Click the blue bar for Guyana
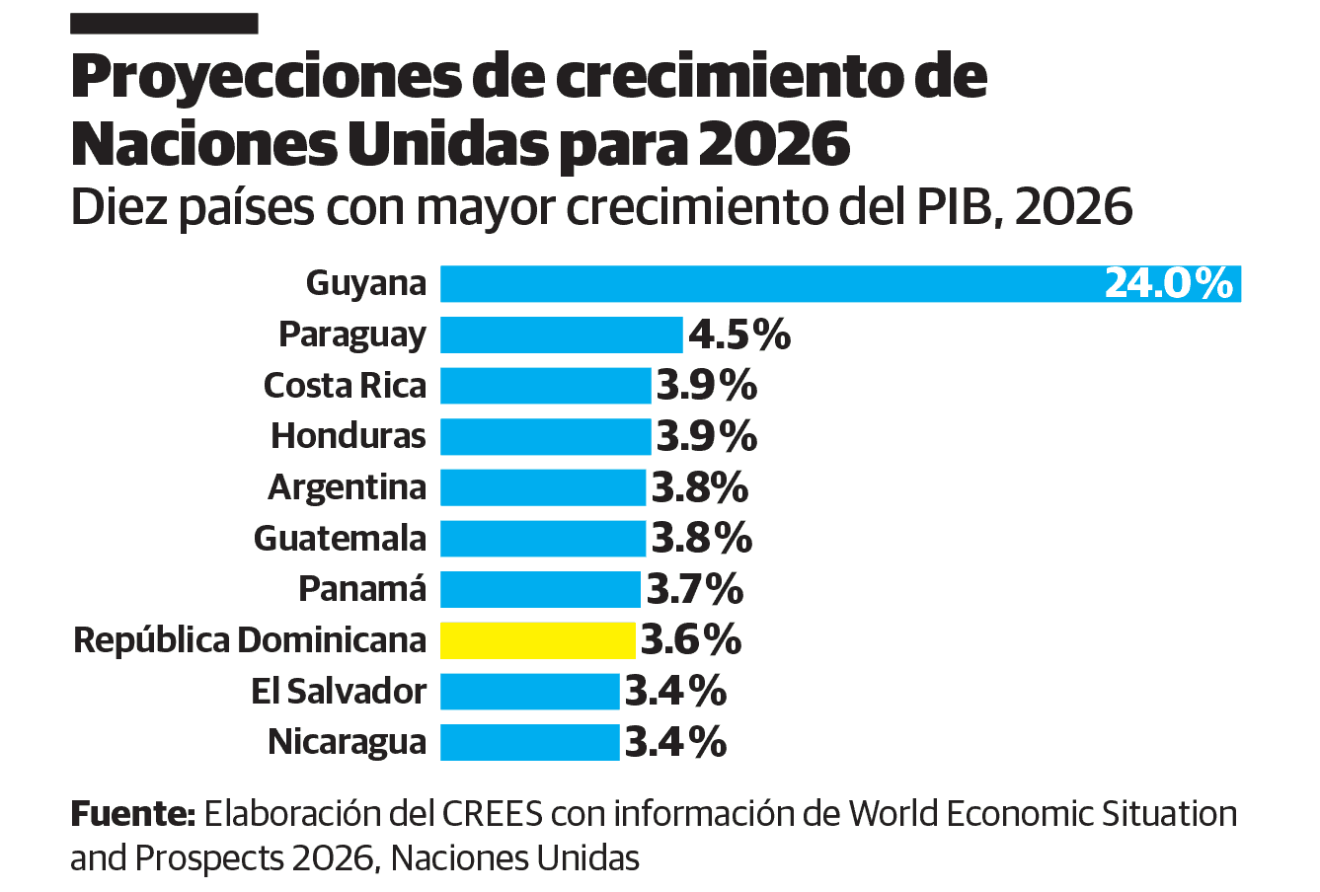[770, 284]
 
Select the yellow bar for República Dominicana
[537, 640]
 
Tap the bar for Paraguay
[561, 334]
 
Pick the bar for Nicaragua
[529, 742]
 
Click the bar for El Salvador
[529, 692]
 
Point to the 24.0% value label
[1168, 284]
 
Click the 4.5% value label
[739, 334]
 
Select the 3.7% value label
[694, 590]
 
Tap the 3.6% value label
[691, 640]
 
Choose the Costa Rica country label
[345, 386]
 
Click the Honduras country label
[349, 436]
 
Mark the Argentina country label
[347, 487]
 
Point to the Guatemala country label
[340, 539]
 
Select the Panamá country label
[362, 589]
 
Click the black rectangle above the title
[164, 24]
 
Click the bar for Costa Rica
[545, 386]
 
